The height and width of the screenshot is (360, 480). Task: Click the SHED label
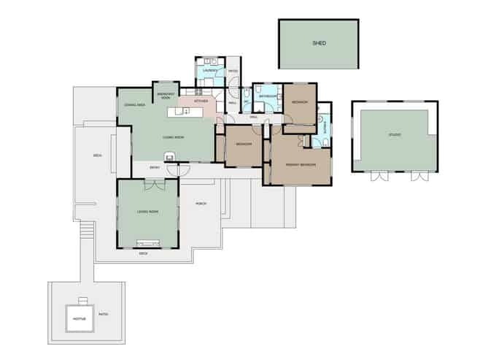319,43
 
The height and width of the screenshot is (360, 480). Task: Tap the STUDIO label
395,135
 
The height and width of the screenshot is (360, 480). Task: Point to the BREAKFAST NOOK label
166,96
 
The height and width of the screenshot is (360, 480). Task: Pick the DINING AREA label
133,105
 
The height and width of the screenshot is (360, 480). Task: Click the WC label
246,102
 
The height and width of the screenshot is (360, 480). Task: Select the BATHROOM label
266,96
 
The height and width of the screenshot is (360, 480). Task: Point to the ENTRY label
155,168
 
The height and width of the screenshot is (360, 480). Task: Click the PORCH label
201,204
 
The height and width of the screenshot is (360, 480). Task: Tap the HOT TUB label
80,318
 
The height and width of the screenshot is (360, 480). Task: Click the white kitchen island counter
187,111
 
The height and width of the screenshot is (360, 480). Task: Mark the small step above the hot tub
83,300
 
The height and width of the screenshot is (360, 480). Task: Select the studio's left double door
377,176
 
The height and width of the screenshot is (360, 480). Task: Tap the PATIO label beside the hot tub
103,315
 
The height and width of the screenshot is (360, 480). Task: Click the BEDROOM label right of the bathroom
300,102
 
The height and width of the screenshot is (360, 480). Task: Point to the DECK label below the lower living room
143,253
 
